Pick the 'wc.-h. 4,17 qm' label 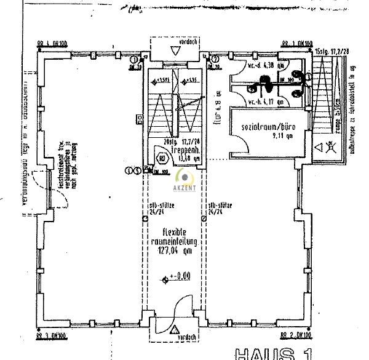click(x=263, y=102)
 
